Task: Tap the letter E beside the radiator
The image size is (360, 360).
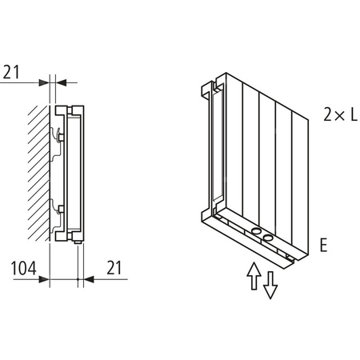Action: click(x=323, y=246)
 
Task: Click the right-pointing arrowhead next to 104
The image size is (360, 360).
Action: click(x=46, y=280)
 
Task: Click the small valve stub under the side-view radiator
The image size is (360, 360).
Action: click(x=80, y=242)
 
